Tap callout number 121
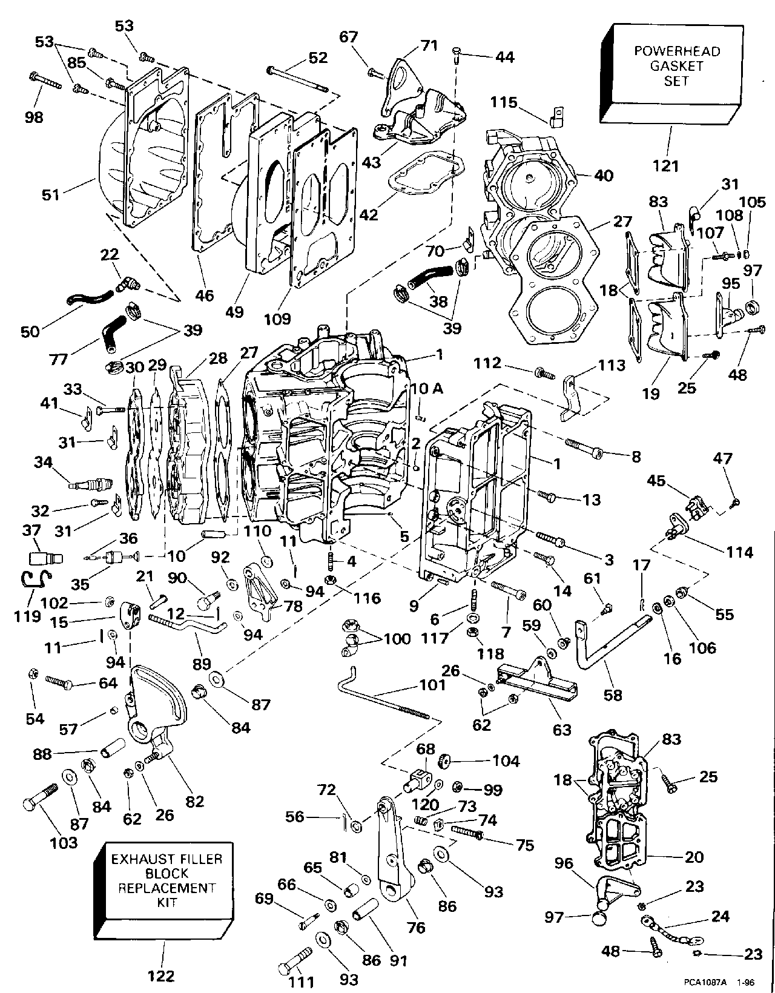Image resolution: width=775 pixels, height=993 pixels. coord(665,165)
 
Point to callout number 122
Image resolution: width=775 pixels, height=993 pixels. coord(161,975)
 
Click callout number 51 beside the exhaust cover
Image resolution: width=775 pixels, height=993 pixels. coord(51,194)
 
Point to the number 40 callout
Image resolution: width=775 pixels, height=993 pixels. coord(603,176)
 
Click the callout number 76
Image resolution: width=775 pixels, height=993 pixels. coord(417,927)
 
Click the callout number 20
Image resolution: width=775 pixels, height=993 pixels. coord(694,857)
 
